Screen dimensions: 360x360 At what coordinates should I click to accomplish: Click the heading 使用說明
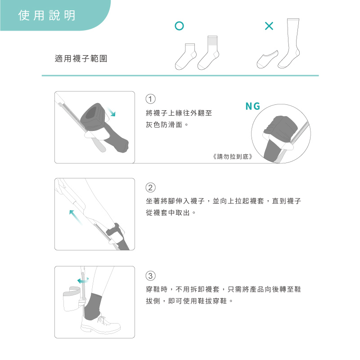tap(47, 15)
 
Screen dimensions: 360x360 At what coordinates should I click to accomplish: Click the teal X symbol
tap(269, 26)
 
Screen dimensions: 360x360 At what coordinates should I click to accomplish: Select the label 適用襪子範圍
tap(81, 58)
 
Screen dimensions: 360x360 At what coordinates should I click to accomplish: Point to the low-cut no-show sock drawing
tap(267, 60)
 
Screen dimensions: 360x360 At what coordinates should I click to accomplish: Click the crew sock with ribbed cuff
tap(209, 53)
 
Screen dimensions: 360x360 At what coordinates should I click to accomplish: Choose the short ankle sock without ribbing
tap(186, 57)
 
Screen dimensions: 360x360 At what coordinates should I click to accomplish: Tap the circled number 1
tap(151, 99)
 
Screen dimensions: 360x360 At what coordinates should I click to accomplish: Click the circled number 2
tap(151, 188)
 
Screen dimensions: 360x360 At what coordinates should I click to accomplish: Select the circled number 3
tap(151, 276)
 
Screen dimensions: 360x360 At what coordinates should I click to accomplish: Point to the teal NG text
tap(253, 106)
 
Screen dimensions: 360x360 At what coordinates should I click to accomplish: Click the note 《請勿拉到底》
tap(233, 157)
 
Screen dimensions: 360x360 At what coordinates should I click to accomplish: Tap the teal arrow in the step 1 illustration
tap(111, 112)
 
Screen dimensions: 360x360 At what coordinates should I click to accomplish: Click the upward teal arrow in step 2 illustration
tap(76, 217)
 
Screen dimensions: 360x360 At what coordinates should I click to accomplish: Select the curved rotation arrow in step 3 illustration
tap(83, 280)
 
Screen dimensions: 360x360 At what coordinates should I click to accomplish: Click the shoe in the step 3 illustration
tap(100, 324)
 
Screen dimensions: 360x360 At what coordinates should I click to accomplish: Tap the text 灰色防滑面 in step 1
tap(164, 125)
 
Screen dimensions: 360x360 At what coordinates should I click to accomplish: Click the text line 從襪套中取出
tap(168, 212)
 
